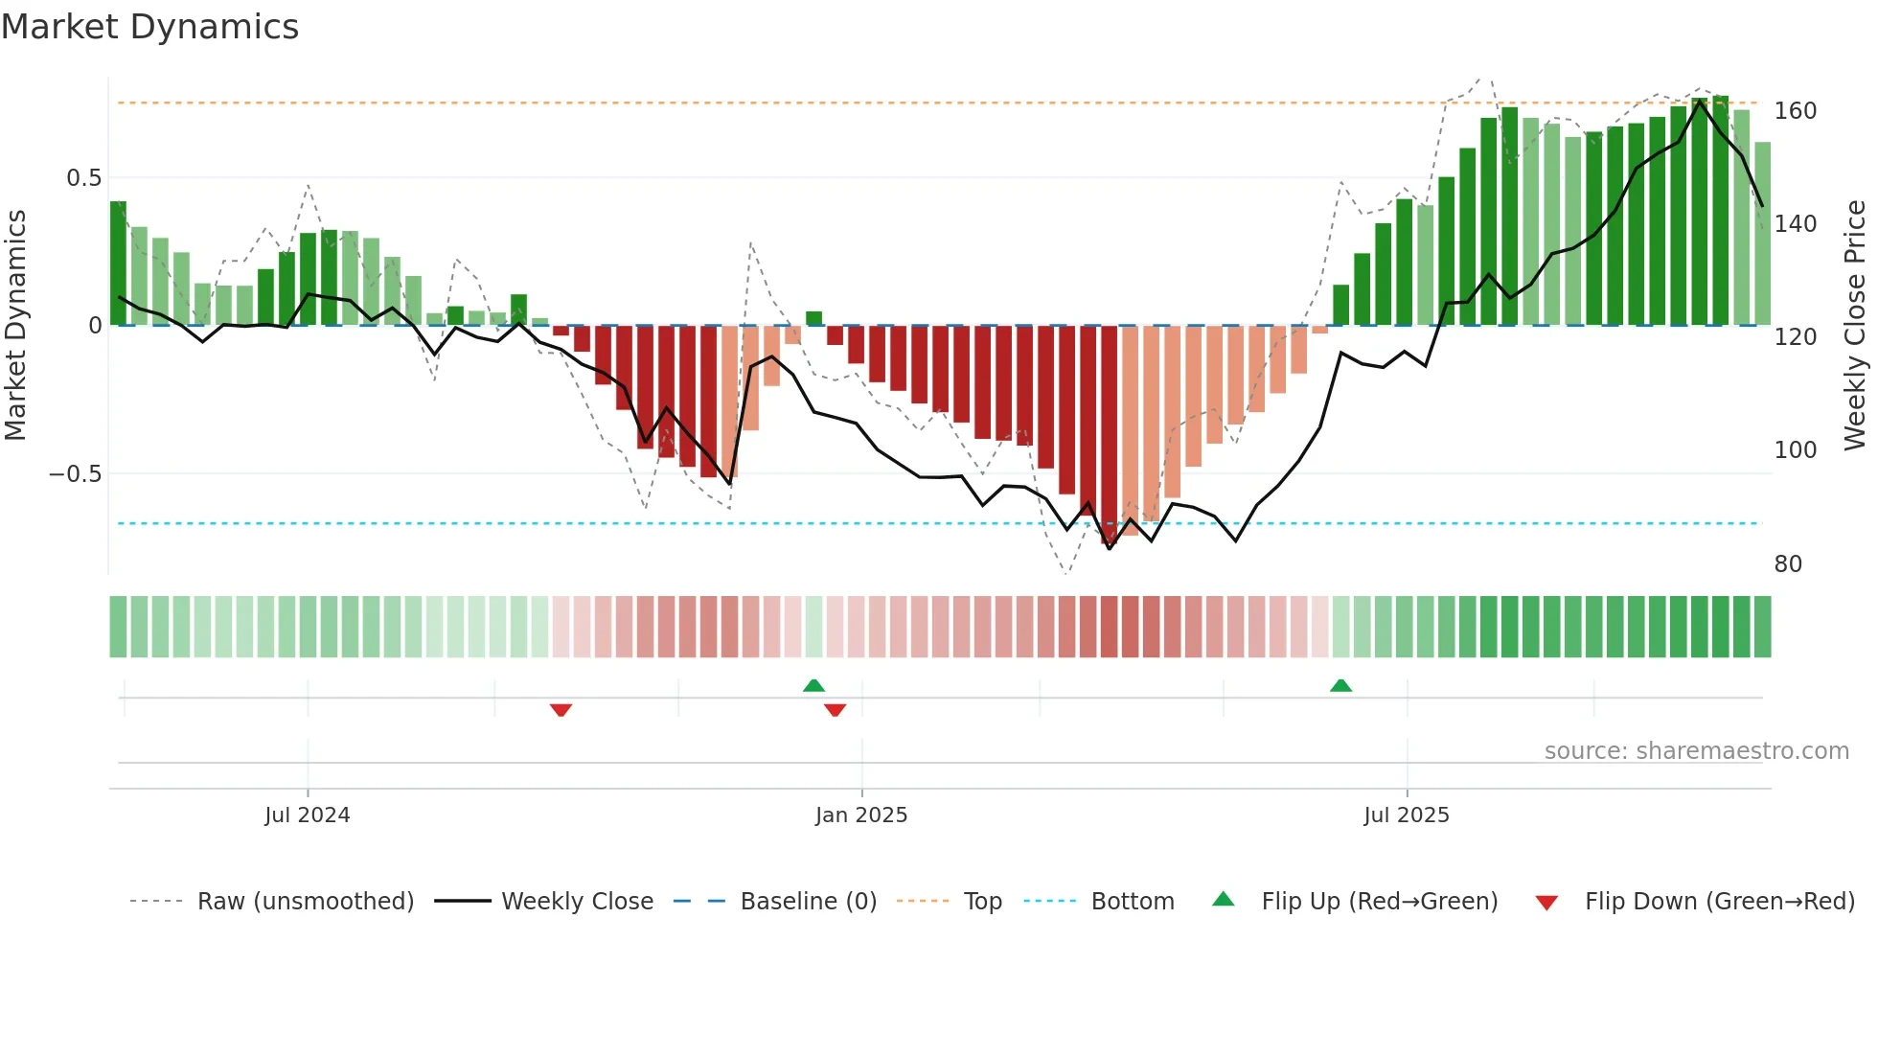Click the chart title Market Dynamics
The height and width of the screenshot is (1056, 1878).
[x=149, y=27]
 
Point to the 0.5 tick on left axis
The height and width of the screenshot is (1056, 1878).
[x=83, y=178]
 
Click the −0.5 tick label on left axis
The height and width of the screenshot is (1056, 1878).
[x=75, y=474]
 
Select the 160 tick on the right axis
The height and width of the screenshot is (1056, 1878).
[x=1795, y=111]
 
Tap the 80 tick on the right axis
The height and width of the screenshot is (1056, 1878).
[x=1788, y=564]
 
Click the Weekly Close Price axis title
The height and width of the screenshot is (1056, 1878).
[x=1855, y=326]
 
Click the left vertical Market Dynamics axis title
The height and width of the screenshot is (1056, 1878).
[x=15, y=326]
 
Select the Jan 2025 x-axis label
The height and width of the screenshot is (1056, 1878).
[x=860, y=815]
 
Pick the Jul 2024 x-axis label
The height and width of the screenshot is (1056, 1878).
[x=307, y=815]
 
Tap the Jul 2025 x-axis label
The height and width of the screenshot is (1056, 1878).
[x=1406, y=815]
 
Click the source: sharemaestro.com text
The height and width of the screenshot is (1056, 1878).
[x=1696, y=751]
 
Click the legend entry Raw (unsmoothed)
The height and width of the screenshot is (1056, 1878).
[x=305, y=902]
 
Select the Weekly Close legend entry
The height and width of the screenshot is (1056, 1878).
[x=577, y=902]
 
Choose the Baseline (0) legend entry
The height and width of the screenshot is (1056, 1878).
[x=808, y=902]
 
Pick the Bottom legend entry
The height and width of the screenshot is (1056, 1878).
[x=1132, y=902]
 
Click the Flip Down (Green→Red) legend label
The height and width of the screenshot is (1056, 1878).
[x=1719, y=902]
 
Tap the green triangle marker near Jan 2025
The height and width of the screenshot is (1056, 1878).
[x=813, y=685]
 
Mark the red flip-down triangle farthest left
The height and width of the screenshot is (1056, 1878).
[x=561, y=709]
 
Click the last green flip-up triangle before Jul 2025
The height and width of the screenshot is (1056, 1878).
[x=1340, y=685]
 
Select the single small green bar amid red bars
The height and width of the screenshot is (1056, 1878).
[x=813, y=318]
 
